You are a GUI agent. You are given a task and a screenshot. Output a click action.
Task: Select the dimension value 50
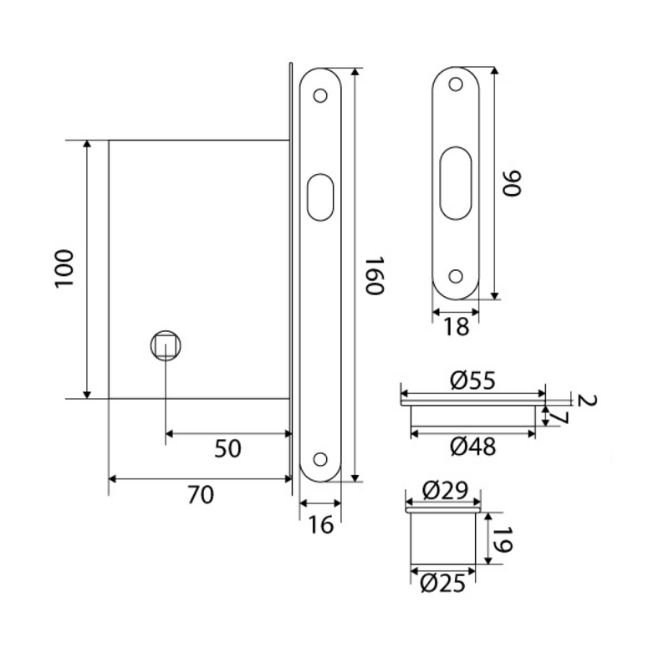(227, 449)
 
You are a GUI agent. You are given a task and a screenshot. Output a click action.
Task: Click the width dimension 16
(320, 524)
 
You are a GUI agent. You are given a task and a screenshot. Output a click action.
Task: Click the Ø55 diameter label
(472, 381)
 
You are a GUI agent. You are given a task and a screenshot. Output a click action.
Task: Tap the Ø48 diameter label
(472, 447)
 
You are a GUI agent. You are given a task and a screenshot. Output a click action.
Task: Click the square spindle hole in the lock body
(165, 345)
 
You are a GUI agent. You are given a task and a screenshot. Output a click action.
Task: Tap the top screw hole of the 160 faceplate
(319, 96)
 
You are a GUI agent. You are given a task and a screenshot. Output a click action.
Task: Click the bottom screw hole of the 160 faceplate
(319, 457)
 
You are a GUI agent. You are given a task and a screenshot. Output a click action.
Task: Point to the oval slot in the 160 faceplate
(319, 197)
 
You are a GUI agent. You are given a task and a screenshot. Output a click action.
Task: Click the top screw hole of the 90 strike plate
(456, 85)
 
